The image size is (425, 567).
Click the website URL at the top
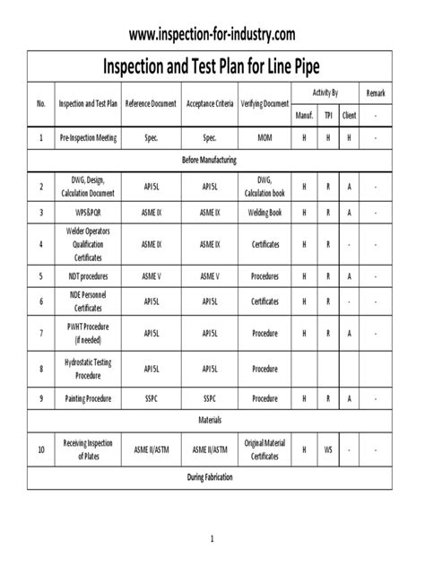click(x=212, y=34)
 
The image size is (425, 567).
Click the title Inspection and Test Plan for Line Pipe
click(x=212, y=66)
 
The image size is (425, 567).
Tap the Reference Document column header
click(x=151, y=103)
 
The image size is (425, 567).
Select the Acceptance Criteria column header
click(x=209, y=103)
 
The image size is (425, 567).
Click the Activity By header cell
click(x=325, y=93)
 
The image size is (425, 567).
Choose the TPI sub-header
click(x=328, y=115)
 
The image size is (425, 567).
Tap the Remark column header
click(x=375, y=93)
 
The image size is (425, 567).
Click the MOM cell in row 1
click(x=265, y=139)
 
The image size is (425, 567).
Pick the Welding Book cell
click(x=265, y=213)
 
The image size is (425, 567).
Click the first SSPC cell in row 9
click(x=151, y=396)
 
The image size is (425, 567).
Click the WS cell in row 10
click(x=328, y=449)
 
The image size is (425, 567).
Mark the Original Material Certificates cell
click(x=265, y=449)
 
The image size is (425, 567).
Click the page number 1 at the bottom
click(x=212, y=539)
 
